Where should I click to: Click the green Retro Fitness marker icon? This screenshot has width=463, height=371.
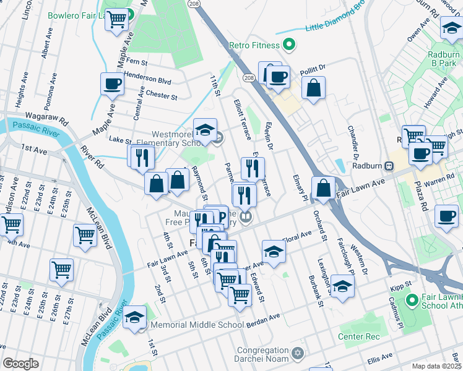pos(288,45)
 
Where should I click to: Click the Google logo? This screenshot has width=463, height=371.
pos(20,364)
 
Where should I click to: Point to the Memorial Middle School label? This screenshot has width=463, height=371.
pos(197,325)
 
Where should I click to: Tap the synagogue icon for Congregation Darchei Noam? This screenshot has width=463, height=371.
pos(298,354)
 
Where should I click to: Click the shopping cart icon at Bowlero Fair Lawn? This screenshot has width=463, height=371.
pos(116,19)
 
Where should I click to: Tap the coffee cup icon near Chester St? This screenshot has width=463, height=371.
pos(112,84)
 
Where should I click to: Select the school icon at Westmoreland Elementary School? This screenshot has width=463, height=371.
pos(205,130)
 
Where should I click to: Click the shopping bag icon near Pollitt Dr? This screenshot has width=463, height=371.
pos(314,88)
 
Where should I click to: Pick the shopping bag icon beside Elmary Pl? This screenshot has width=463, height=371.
pos(323,187)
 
